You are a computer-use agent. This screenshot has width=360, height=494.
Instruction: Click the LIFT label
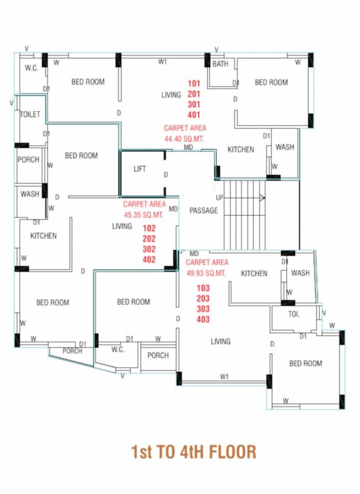[x=139, y=169]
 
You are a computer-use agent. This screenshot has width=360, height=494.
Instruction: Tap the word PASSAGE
[x=203, y=210]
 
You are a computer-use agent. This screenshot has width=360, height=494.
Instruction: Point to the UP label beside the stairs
[x=220, y=197]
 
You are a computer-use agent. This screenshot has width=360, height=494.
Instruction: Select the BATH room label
[x=221, y=64]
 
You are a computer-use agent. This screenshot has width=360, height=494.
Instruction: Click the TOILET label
[x=30, y=114]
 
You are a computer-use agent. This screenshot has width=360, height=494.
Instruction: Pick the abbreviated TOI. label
[x=294, y=314]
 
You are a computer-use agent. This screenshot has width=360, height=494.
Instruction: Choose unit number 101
[x=194, y=84]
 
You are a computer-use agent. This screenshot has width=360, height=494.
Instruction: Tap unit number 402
[x=149, y=259]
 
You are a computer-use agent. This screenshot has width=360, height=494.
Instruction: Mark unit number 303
[x=203, y=309]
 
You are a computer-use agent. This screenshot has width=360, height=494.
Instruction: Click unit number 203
[x=203, y=298]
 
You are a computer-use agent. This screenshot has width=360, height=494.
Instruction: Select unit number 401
[x=194, y=114]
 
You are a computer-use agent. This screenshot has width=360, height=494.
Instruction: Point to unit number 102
[x=149, y=228]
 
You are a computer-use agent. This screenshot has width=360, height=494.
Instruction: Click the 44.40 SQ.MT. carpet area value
[x=184, y=138]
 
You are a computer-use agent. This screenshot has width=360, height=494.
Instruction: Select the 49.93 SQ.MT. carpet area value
[x=206, y=273]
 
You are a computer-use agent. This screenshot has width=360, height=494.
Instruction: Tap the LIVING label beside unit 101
[x=171, y=95]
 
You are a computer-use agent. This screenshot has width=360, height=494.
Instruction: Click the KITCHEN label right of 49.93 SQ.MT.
[x=254, y=273]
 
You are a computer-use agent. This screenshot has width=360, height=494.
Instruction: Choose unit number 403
[x=203, y=319]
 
